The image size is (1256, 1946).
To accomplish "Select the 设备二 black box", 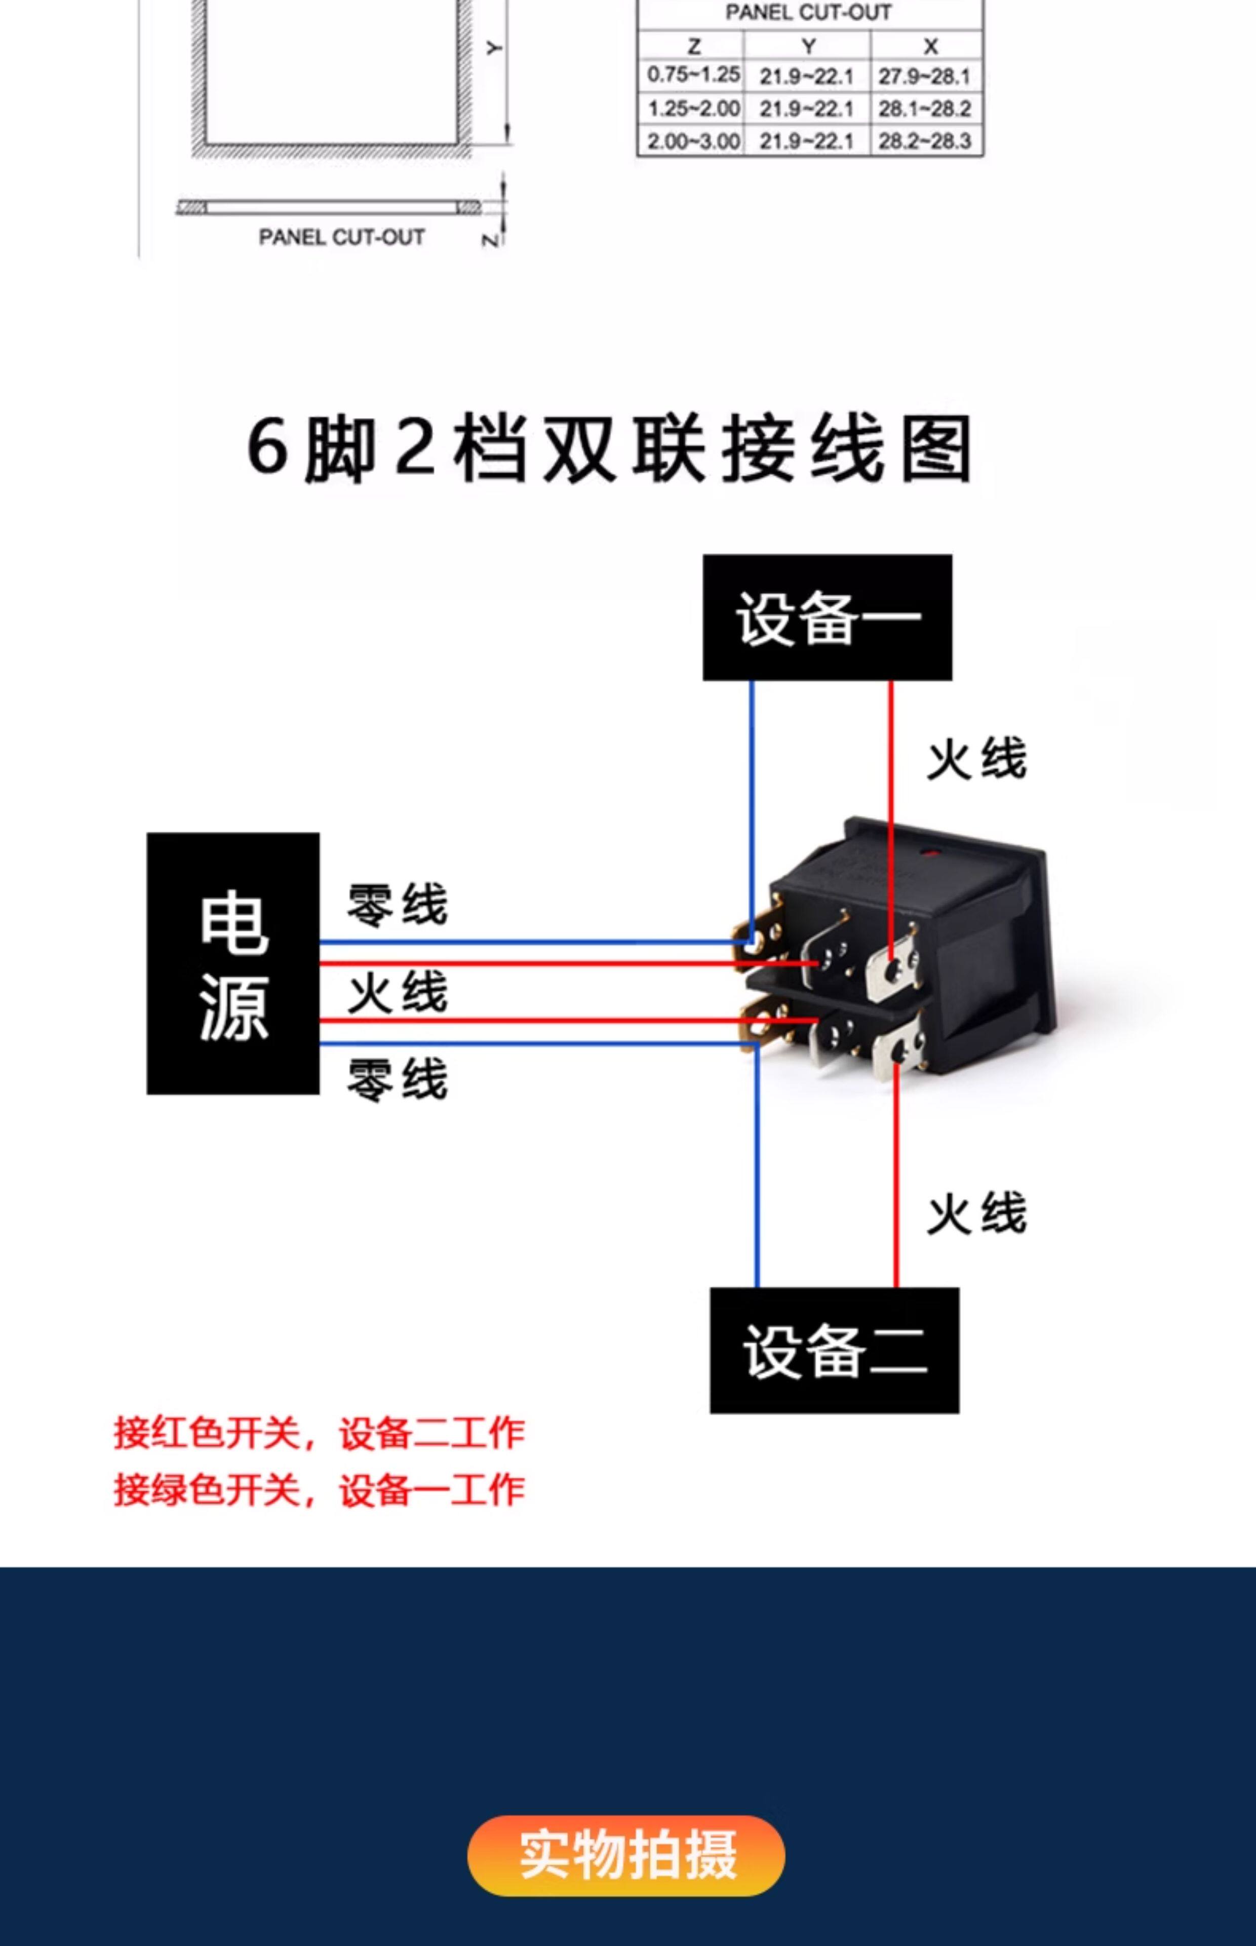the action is click(x=834, y=1351).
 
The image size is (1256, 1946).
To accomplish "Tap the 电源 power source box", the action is click(x=233, y=963).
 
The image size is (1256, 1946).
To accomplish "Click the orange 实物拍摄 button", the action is click(x=626, y=1855).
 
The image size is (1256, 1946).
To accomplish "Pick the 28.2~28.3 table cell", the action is click(x=926, y=141).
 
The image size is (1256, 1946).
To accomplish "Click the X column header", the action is click(x=930, y=46).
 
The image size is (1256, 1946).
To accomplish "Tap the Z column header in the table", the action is click(x=693, y=46).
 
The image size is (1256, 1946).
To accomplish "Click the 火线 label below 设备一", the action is click(x=976, y=759).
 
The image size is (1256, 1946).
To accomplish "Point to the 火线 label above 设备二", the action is click(x=976, y=1213).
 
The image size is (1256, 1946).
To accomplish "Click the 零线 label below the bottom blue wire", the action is click(x=397, y=1079).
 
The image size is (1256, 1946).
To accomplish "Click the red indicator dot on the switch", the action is click(x=929, y=854).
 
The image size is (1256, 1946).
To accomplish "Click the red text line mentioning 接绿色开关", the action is click(x=319, y=1490).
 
